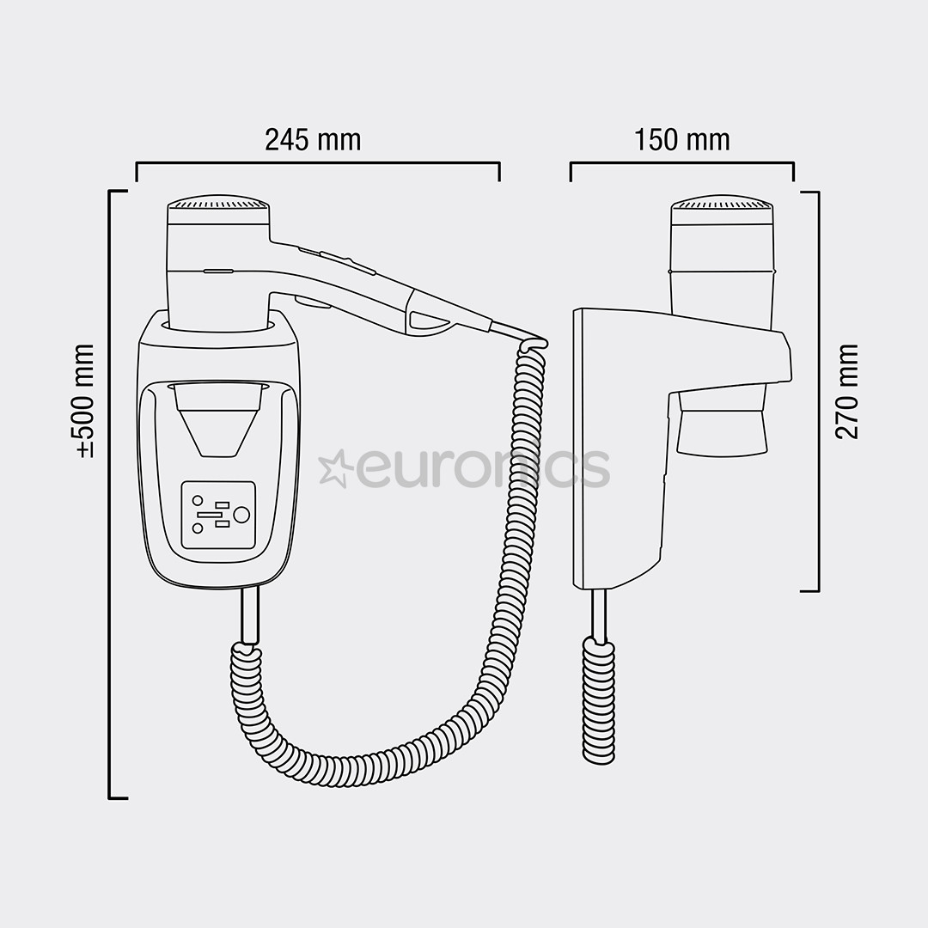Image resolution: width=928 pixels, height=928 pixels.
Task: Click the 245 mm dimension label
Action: pyautogui.click(x=313, y=139)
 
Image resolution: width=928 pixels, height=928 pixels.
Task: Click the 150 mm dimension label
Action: pyautogui.click(x=682, y=139)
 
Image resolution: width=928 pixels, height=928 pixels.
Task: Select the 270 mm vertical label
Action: pyautogui.click(x=847, y=391)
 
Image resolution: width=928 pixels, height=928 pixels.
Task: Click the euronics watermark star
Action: pyautogui.click(x=333, y=467)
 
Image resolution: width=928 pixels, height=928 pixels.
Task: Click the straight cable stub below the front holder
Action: pyautogui.click(x=248, y=614)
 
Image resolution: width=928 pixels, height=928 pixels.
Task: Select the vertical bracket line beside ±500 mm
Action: pyautogui.click(x=110, y=494)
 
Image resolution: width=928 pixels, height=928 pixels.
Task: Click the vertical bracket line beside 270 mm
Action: pyautogui.click(x=817, y=391)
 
